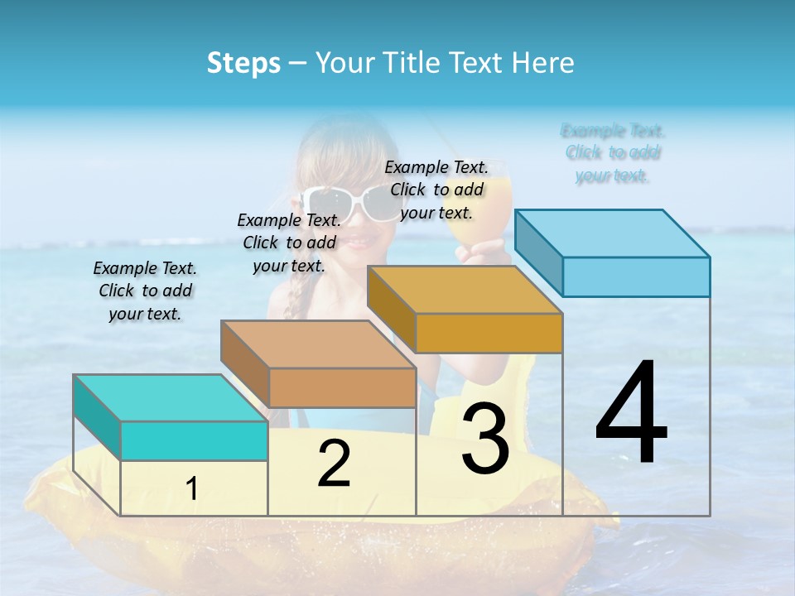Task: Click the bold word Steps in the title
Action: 243,63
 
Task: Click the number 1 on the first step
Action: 192,489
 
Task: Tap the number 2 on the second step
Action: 334,464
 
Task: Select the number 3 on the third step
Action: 485,439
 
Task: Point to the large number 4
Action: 631,413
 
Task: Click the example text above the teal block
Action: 145,291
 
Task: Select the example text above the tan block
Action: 289,243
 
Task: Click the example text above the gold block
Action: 436,190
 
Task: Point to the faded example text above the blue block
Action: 613,152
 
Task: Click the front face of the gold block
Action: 489,334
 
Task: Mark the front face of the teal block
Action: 194,440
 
